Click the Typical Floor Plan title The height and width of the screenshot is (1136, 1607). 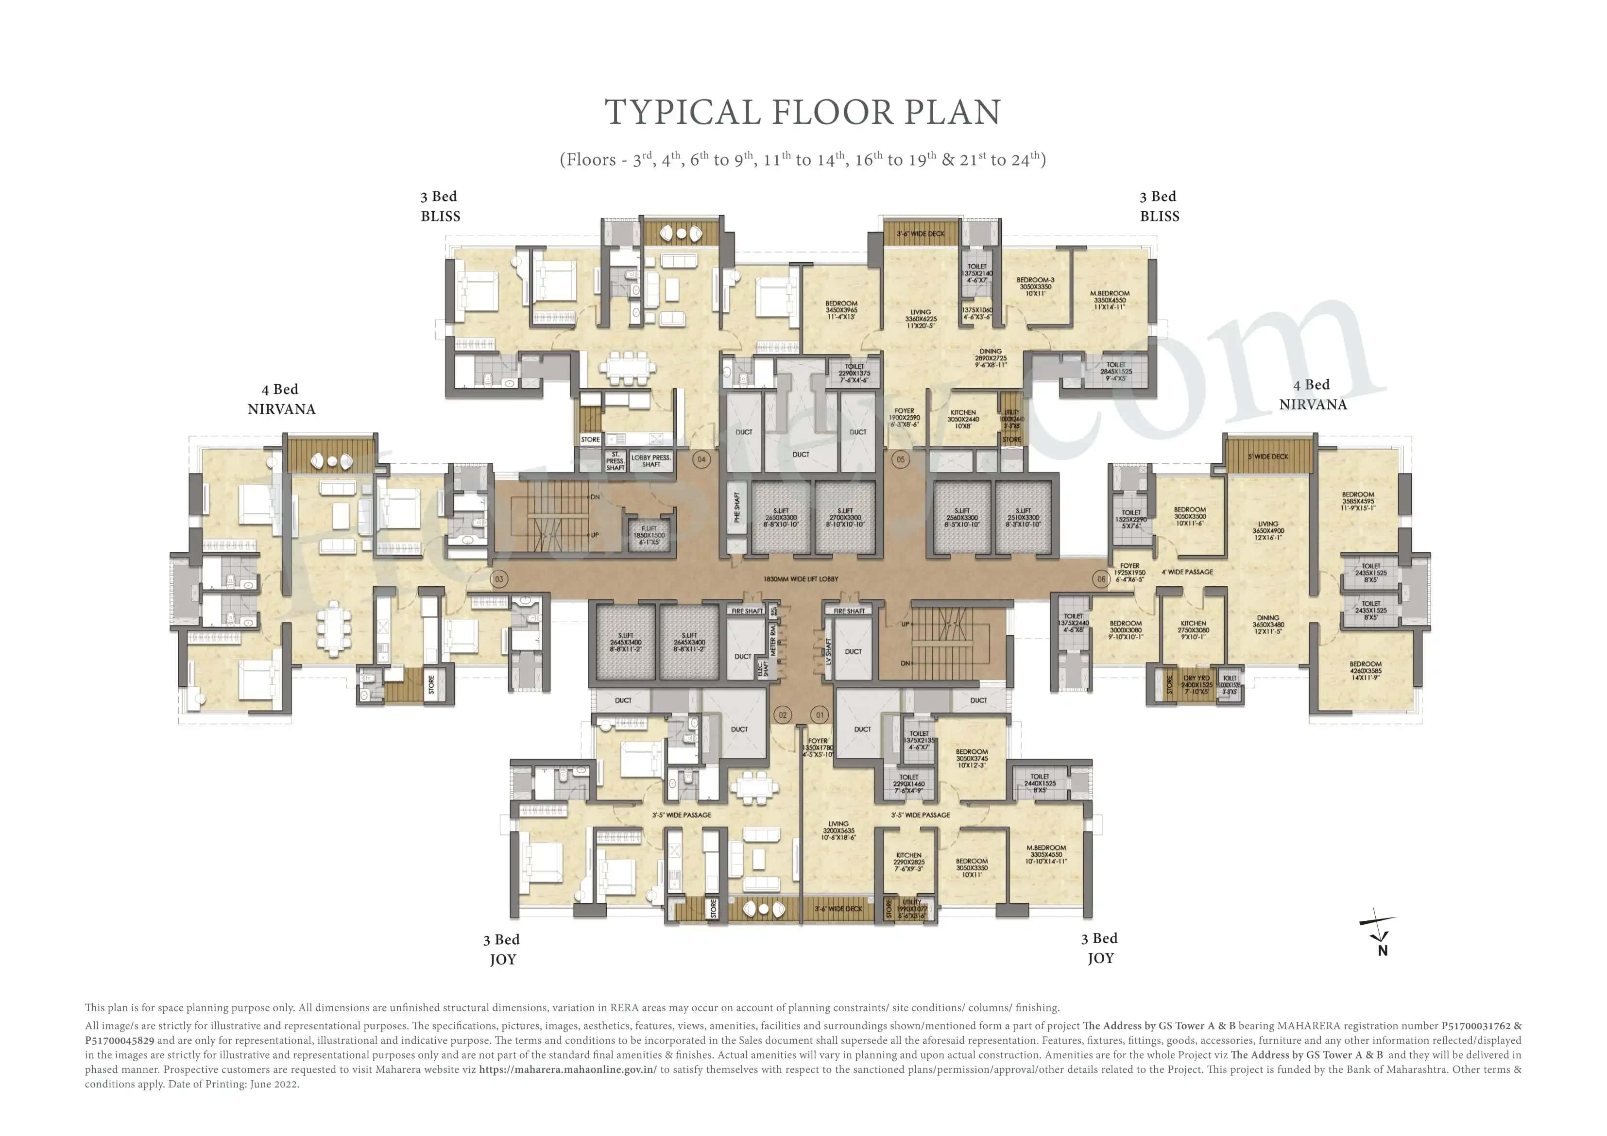[x=803, y=112]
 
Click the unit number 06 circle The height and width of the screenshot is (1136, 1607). [x=1101, y=579]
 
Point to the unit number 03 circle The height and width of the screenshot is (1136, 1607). [x=499, y=579]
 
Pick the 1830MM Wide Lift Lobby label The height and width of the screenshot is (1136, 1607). [x=800, y=579]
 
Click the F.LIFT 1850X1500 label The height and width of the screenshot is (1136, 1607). [x=649, y=535]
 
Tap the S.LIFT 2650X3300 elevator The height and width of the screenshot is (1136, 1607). [x=780, y=518]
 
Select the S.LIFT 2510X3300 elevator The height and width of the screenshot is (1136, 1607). [x=1023, y=518]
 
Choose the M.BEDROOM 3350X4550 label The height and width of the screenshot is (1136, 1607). [x=1110, y=300]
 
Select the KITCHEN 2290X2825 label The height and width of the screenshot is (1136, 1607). [x=908, y=862]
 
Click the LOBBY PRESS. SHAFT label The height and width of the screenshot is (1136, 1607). [x=651, y=460]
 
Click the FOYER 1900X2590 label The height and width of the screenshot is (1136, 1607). [x=904, y=417]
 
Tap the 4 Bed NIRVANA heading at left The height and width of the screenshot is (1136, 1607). [x=281, y=399]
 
